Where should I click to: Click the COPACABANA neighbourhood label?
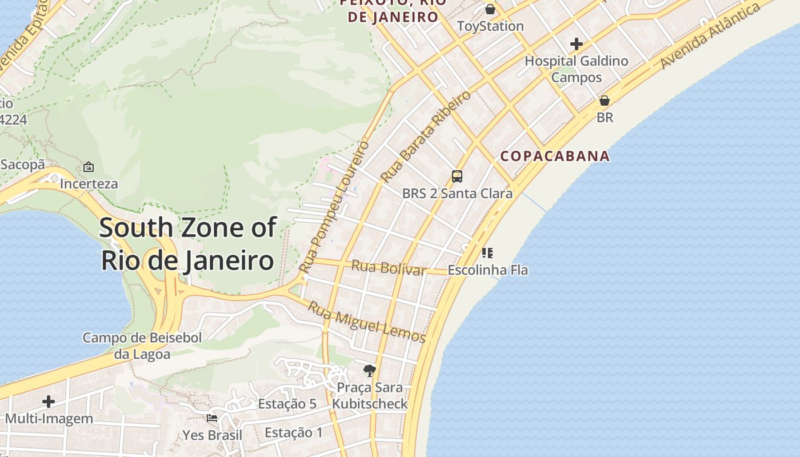[555, 156]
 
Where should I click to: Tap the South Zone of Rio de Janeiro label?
[187, 244]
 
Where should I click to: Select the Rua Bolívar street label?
[389, 267]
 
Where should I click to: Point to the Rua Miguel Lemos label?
[367, 323]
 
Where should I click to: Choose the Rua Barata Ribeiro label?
[426, 136]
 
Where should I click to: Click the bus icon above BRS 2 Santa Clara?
[457, 177]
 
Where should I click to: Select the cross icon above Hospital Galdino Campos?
[576, 44]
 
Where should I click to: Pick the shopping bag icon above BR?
[605, 101]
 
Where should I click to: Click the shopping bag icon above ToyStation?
[490, 9]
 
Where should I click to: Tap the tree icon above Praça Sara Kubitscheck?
[370, 371]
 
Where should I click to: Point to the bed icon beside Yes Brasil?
[212, 418]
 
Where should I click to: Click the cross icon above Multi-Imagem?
[49, 402]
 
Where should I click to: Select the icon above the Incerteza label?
[89, 167]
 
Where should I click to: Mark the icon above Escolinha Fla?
[487, 252]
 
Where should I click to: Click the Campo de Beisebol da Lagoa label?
[142, 346]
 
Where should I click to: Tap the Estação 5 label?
[287, 404]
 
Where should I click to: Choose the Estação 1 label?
[294, 432]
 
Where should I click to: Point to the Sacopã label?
[22, 165]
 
